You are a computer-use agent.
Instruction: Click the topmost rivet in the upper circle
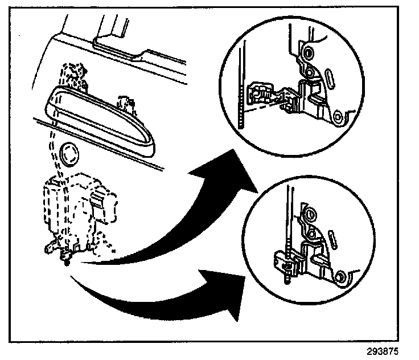(308, 53)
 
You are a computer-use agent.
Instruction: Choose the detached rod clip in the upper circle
(262, 94)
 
